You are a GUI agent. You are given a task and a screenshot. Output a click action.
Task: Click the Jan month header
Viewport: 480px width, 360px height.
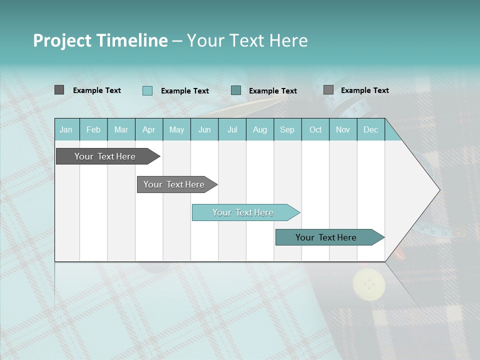click(x=66, y=129)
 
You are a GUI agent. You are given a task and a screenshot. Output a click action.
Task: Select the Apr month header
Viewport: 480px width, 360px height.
click(x=149, y=129)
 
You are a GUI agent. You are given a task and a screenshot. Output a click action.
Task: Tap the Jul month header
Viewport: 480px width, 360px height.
click(x=232, y=129)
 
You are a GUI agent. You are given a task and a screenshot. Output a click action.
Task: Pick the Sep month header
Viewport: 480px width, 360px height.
click(x=287, y=129)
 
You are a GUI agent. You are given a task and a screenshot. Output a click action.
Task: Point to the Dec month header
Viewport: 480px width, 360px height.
click(x=370, y=129)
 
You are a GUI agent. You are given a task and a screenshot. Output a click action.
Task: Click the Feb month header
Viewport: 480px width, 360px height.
click(x=93, y=129)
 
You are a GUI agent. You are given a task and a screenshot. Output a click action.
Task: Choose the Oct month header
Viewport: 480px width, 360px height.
click(x=315, y=129)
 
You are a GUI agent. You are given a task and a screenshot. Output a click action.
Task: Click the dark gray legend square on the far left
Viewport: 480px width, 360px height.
click(x=59, y=90)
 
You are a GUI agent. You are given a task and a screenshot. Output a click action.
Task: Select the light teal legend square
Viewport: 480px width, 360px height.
click(x=147, y=90)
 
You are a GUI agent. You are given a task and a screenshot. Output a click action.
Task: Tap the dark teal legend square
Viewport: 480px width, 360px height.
click(x=236, y=90)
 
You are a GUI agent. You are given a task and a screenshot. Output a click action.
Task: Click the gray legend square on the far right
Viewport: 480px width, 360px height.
click(x=328, y=90)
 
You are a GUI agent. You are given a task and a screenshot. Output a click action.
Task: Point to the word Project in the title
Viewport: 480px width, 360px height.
click(x=62, y=40)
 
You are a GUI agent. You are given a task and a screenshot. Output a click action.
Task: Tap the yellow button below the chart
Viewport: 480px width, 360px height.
click(x=369, y=284)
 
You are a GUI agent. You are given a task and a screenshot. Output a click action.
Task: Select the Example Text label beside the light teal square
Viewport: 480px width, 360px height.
click(x=184, y=91)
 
